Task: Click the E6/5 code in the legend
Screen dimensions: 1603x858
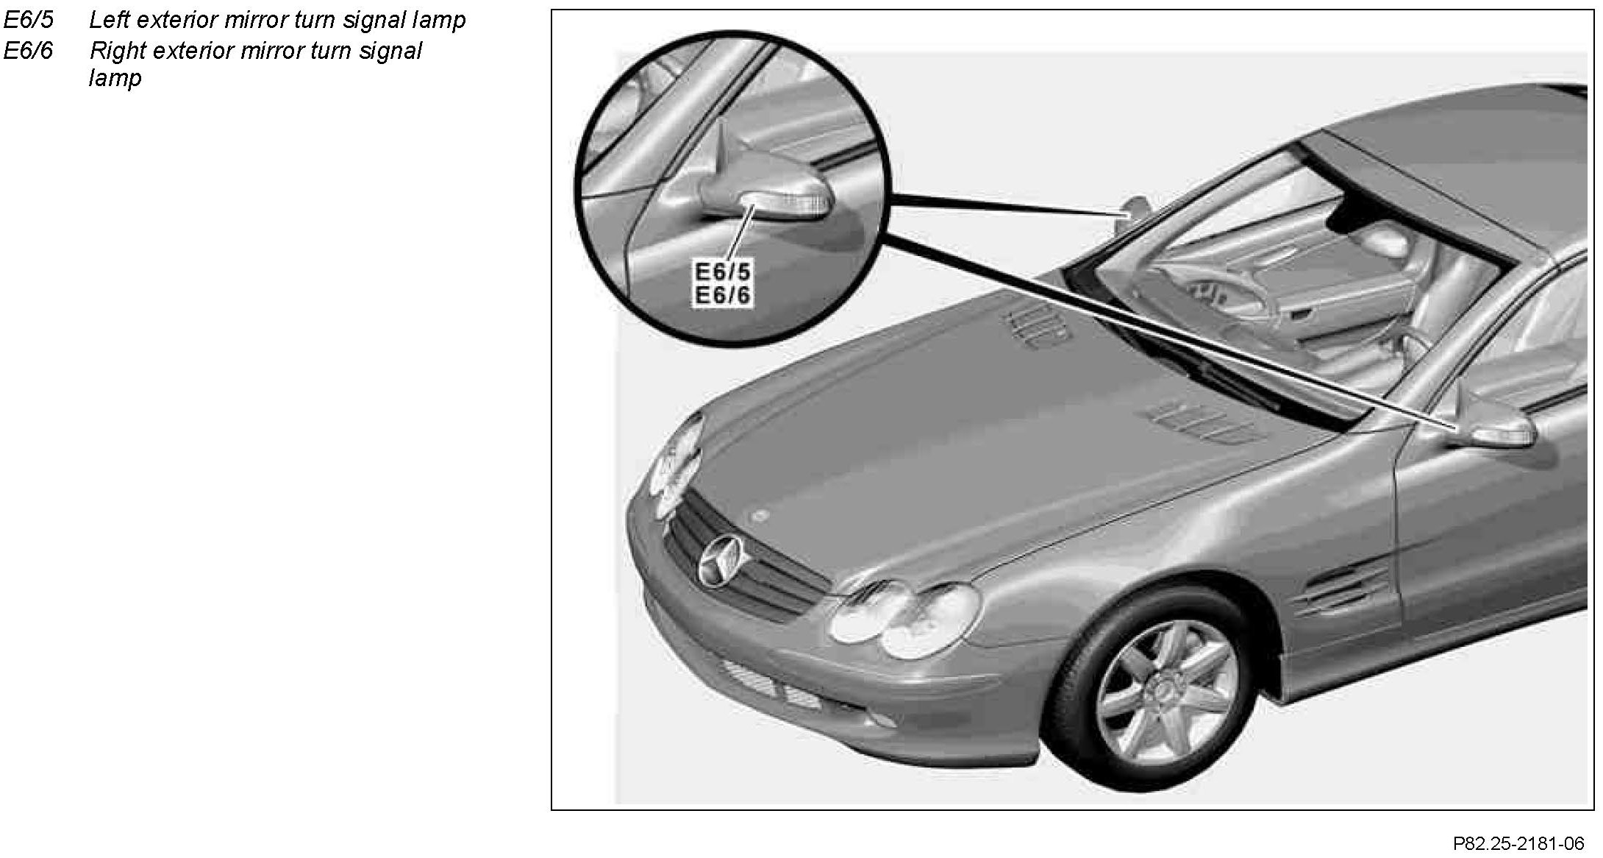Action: tap(29, 20)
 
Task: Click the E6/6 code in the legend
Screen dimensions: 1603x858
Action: tap(29, 51)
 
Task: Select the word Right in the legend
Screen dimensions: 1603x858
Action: tap(116, 51)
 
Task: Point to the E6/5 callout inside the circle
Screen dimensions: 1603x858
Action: tap(724, 272)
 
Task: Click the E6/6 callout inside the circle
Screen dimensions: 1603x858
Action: tap(724, 295)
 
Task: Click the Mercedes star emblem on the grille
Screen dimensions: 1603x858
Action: tap(724, 561)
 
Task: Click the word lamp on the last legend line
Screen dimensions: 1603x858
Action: tap(115, 78)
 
